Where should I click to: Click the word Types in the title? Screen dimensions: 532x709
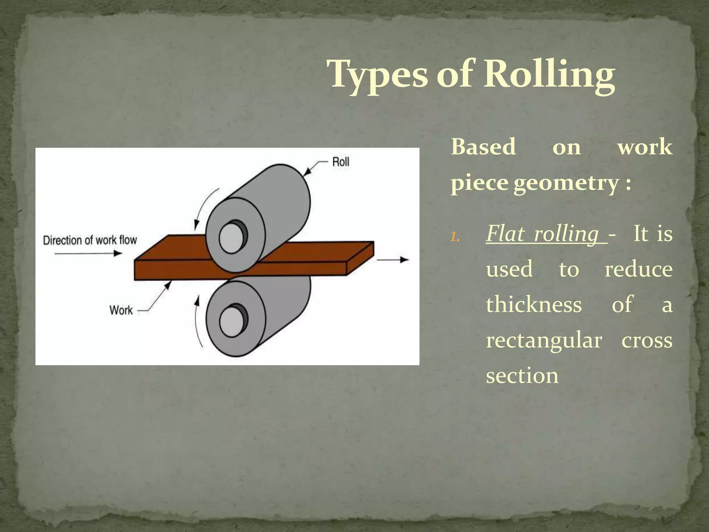(x=378, y=74)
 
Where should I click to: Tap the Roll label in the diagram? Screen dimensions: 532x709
(x=341, y=162)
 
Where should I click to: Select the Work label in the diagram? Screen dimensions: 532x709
(x=121, y=310)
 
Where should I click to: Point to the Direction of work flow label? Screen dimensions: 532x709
(x=90, y=240)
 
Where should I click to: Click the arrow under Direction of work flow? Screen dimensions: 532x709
(x=88, y=254)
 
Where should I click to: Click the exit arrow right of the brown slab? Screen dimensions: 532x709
(x=393, y=259)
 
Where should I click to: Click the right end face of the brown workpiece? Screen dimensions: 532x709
(x=360, y=258)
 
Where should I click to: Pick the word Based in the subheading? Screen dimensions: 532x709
(x=483, y=147)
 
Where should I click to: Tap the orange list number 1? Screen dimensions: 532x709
(x=455, y=237)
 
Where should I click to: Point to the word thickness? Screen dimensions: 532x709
(x=534, y=305)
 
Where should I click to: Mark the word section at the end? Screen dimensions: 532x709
(x=522, y=375)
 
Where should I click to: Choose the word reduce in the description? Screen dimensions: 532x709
(x=638, y=269)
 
